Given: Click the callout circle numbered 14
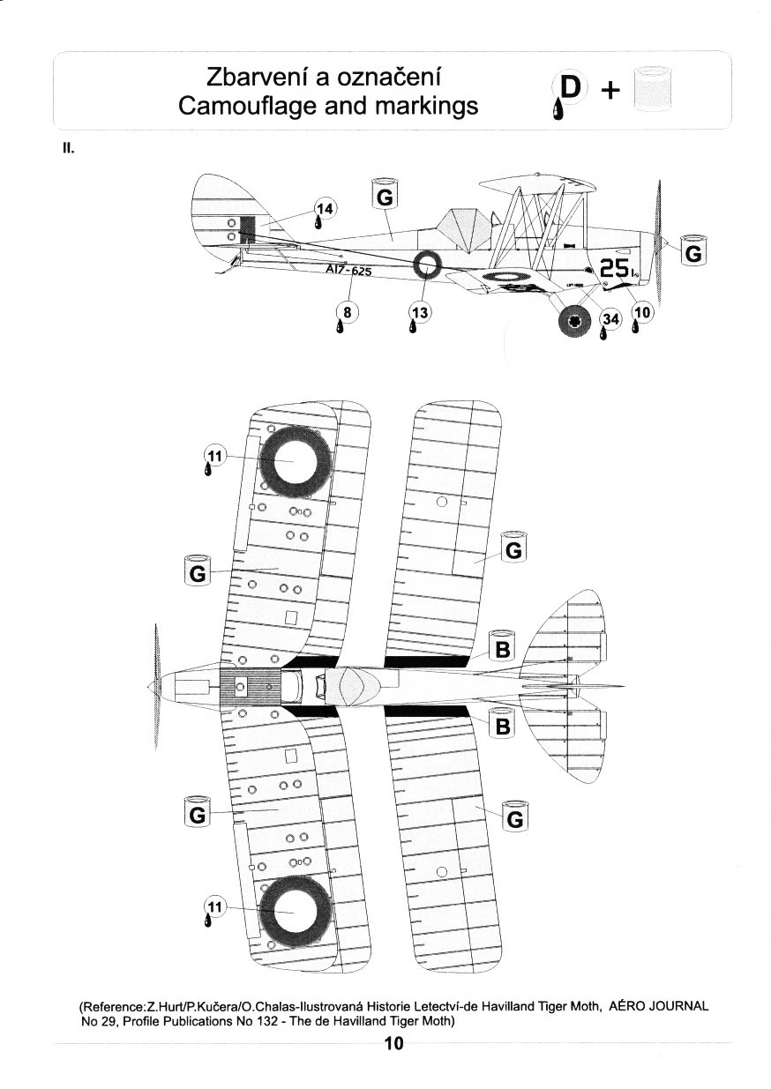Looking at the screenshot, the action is click(326, 210).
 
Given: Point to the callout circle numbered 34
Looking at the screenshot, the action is click(610, 319).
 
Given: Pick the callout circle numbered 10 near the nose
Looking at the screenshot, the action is click(641, 312).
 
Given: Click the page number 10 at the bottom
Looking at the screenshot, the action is click(393, 1045).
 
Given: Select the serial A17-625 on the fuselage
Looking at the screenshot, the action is click(348, 271).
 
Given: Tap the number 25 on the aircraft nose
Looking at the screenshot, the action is click(613, 268).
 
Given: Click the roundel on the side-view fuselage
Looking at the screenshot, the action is click(427, 263).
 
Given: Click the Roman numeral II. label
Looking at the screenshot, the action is click(67, 150).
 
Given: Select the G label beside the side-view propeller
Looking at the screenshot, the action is click(693, 252).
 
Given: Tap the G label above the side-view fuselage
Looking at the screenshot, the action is click(385, 197).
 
